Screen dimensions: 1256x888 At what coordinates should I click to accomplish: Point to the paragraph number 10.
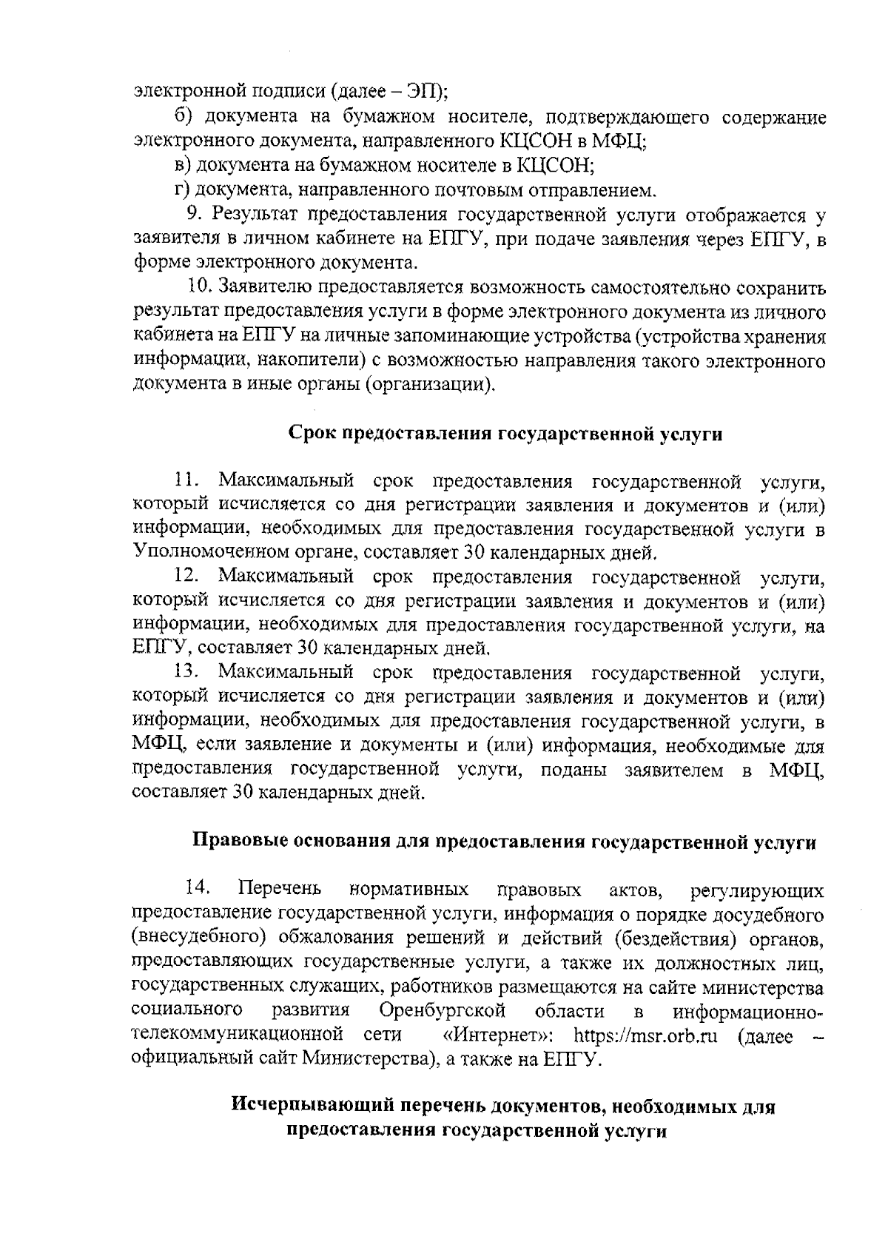[x=199, y=287]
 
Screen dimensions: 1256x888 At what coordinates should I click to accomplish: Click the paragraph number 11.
[x=186, y=482]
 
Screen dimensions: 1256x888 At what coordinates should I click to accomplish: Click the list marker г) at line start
[x=183, y=191]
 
